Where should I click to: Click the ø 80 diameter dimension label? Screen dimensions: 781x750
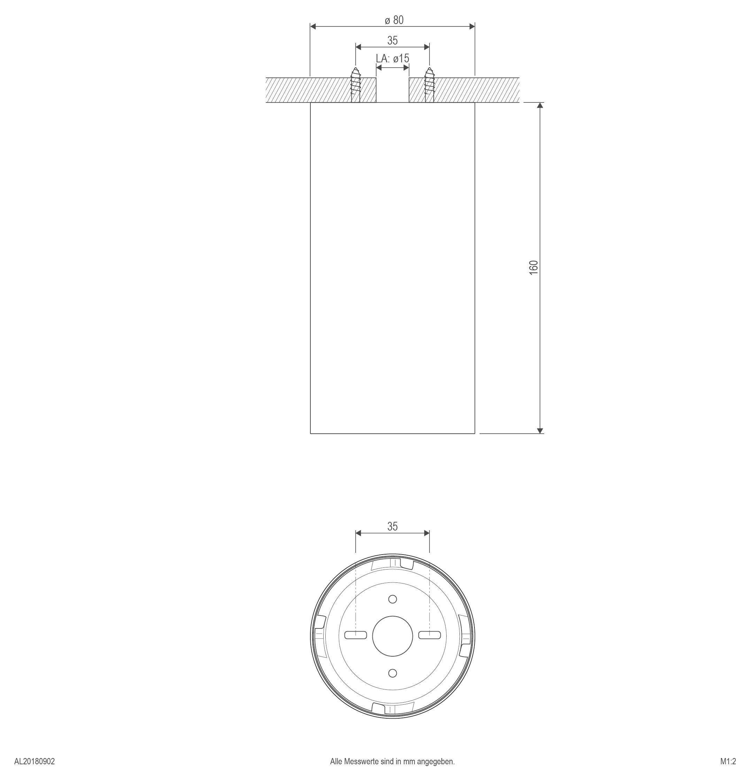tap(394, 20)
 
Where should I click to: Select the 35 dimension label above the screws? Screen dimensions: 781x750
tap(393, 41)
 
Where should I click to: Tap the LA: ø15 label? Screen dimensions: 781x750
tap(393, 59)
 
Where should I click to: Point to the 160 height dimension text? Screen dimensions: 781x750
tap(534, 268)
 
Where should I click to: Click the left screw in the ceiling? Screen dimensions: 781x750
tap(355, 85)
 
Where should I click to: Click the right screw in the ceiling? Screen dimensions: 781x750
tap(429, 85)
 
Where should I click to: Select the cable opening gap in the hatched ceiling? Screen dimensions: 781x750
tap(393, 90)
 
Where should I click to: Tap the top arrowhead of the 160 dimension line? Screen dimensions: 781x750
tap(540, 106)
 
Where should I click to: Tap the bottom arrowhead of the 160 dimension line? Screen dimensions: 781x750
tap(540, 430)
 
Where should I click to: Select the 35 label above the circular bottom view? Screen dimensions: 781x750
tap(393, 526)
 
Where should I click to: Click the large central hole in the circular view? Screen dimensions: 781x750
tap(393, 636)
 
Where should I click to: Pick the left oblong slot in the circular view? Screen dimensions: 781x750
tap(355, 635)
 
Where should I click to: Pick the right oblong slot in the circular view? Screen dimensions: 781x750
tap(429, 635)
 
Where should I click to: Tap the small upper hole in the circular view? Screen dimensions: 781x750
tap(393, 599)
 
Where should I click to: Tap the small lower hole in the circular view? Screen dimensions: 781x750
tap(393, 673)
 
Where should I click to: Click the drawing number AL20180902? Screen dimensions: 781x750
tap(35, 761)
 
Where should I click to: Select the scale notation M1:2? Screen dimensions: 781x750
tap(728, 761)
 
